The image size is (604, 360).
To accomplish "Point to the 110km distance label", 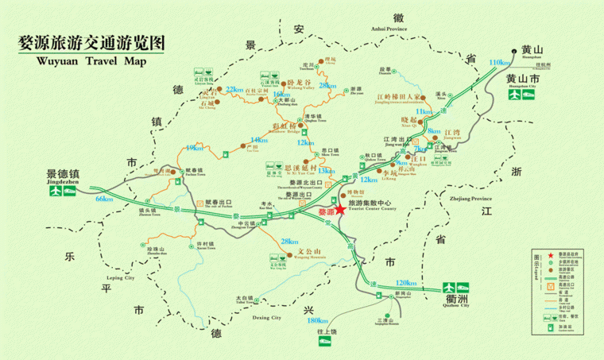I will click(x=500, y=63).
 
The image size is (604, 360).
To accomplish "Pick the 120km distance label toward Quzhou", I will click(x=405, y=283).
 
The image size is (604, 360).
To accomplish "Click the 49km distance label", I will click(x=192, y=148).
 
